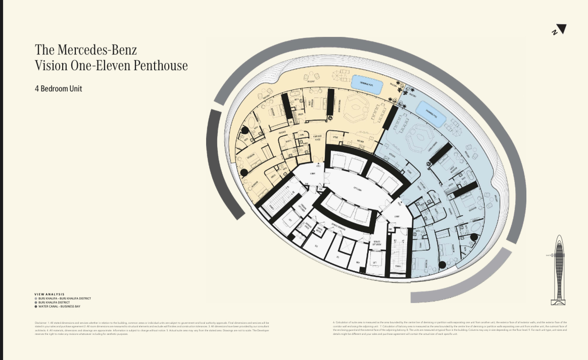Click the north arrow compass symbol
coord(559,30)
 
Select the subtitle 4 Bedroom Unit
coord(58,89)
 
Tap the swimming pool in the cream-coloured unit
coord(367,83)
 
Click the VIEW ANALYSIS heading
coord(50,294)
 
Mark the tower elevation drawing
coord(560,270)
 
